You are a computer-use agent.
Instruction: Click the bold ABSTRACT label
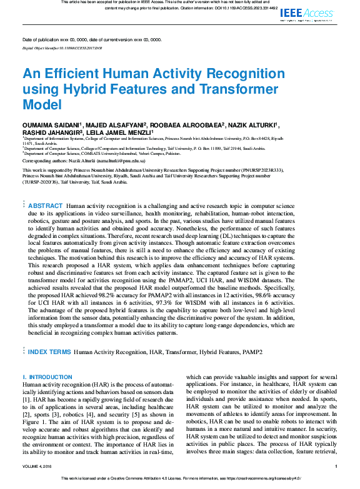click(46, 206)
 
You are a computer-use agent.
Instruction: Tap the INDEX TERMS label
click(50, 352)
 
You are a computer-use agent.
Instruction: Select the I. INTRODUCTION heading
click(47, 377)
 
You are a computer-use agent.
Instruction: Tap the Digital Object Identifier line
click(62, 47)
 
